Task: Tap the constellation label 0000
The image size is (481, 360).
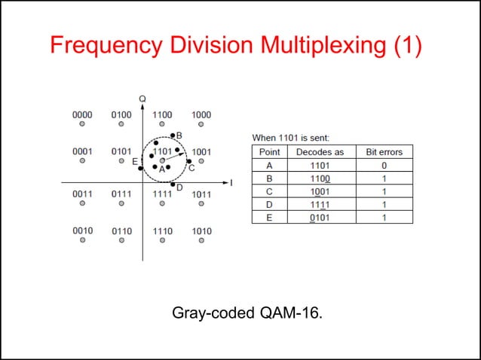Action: (82, 114)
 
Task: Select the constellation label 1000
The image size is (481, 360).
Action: (201, 114)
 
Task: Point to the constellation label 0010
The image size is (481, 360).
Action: (82, 230)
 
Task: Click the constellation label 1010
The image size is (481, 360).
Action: (201, 230)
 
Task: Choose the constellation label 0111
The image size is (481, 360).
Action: (121, 194)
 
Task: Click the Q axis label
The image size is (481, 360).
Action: (142, 98)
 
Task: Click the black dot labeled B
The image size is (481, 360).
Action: (173, 136)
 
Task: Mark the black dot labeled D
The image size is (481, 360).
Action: (173, 185)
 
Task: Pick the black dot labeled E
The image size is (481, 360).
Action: (140, 168)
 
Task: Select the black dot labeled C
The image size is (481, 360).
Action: (188, 161)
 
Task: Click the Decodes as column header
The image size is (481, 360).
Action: (320, 152)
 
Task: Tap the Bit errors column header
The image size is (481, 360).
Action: (384, 152)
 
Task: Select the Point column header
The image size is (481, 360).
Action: (269, 152)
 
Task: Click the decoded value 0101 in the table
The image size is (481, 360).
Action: (320, 218)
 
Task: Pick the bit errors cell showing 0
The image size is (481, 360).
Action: (384, 165)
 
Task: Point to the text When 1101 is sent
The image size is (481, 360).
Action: (290, 138)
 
